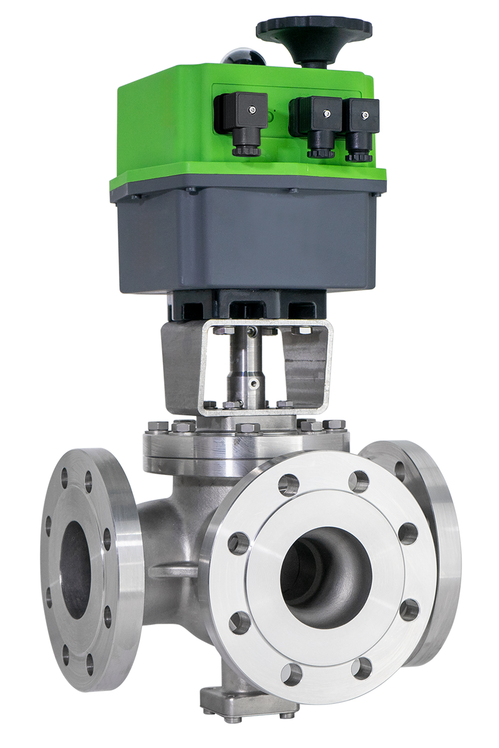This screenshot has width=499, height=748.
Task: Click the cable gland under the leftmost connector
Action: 244,149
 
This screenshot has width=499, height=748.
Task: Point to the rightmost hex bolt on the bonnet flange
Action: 333,425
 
